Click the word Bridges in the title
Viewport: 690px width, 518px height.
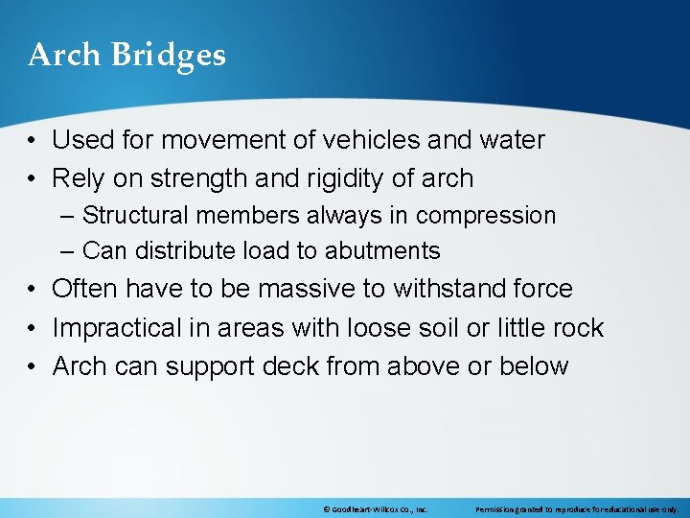pos(168,56)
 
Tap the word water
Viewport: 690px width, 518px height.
pos(509,140)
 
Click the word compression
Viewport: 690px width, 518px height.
pos(486,216)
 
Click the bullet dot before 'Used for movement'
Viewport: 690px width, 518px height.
pos(34,141)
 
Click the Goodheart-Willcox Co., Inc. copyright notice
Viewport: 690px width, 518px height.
pos(375,509)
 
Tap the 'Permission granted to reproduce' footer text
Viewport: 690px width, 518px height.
pos(576,509)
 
